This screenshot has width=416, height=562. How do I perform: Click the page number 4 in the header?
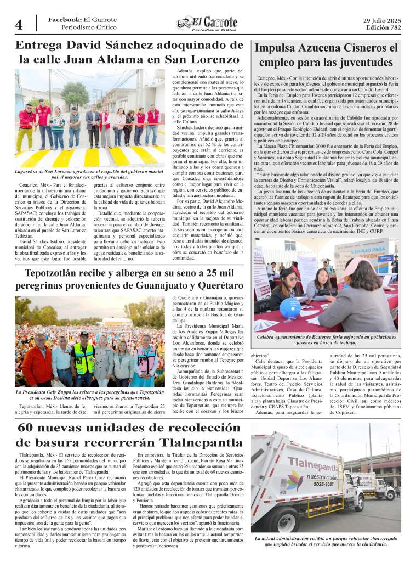pos(19,25)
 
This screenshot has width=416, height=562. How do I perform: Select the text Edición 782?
pos(382,27)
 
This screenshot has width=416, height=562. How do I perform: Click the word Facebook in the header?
pos(65,19)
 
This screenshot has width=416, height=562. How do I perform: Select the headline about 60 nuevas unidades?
pos(128,435)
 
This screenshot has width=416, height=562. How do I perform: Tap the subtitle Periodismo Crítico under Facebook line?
pos(89,27)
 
